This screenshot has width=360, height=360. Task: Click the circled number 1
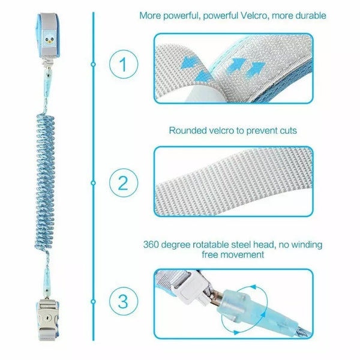coord(124,64)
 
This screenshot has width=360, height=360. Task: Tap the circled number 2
coord(124,183)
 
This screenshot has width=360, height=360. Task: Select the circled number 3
coord(124,301)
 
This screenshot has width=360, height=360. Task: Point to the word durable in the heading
coord(311,16)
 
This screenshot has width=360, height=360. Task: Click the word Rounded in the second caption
coord(188,131)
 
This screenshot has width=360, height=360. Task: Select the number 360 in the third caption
coord(151,245)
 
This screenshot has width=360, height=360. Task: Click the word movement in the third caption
coord(245,255)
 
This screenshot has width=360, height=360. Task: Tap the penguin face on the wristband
coord(49,38)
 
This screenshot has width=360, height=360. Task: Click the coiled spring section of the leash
coord(45,181)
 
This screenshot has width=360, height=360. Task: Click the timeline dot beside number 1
coord(93,64)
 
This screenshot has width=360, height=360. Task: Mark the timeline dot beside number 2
coord(93,183)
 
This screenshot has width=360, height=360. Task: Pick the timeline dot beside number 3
coord(93,301)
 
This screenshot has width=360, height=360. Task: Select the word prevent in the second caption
coord(261,131)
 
